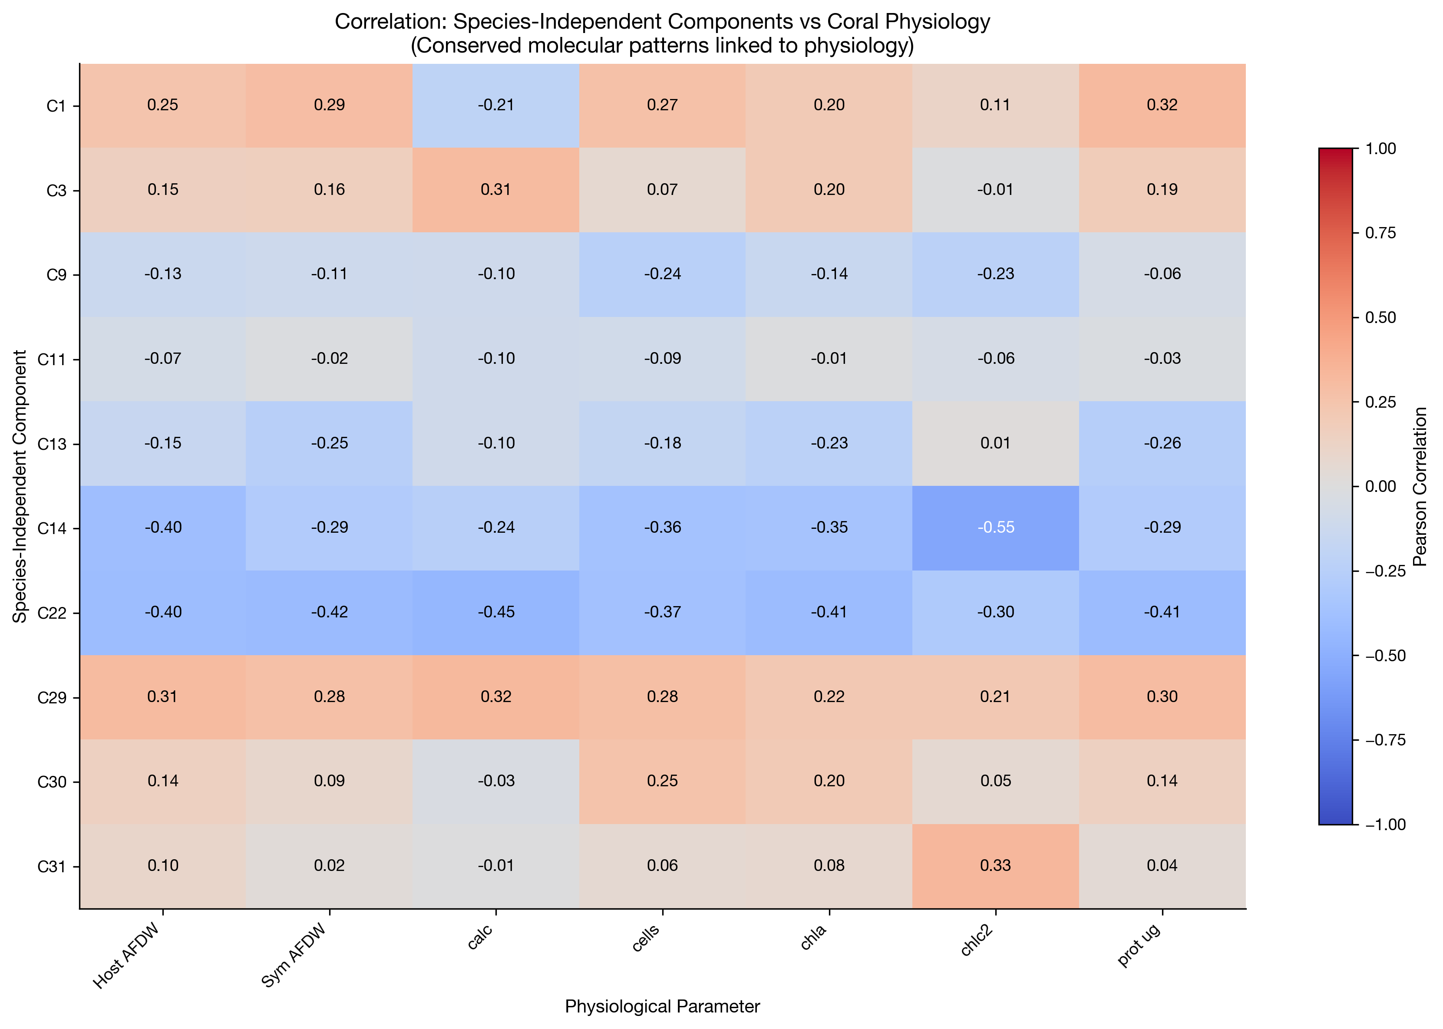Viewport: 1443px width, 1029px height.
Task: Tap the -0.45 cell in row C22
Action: click(495, 612)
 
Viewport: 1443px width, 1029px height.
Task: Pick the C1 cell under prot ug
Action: click(1162, 105)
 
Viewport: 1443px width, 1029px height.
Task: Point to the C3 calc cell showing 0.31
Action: click(495, 189)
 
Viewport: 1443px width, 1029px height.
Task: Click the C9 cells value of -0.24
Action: click(662, 274)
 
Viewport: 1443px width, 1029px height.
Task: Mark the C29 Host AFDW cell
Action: click(163, 696)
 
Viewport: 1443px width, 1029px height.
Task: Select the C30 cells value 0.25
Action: click(662, 781)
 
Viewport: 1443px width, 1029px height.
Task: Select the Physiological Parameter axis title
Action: click(662, 1006)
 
